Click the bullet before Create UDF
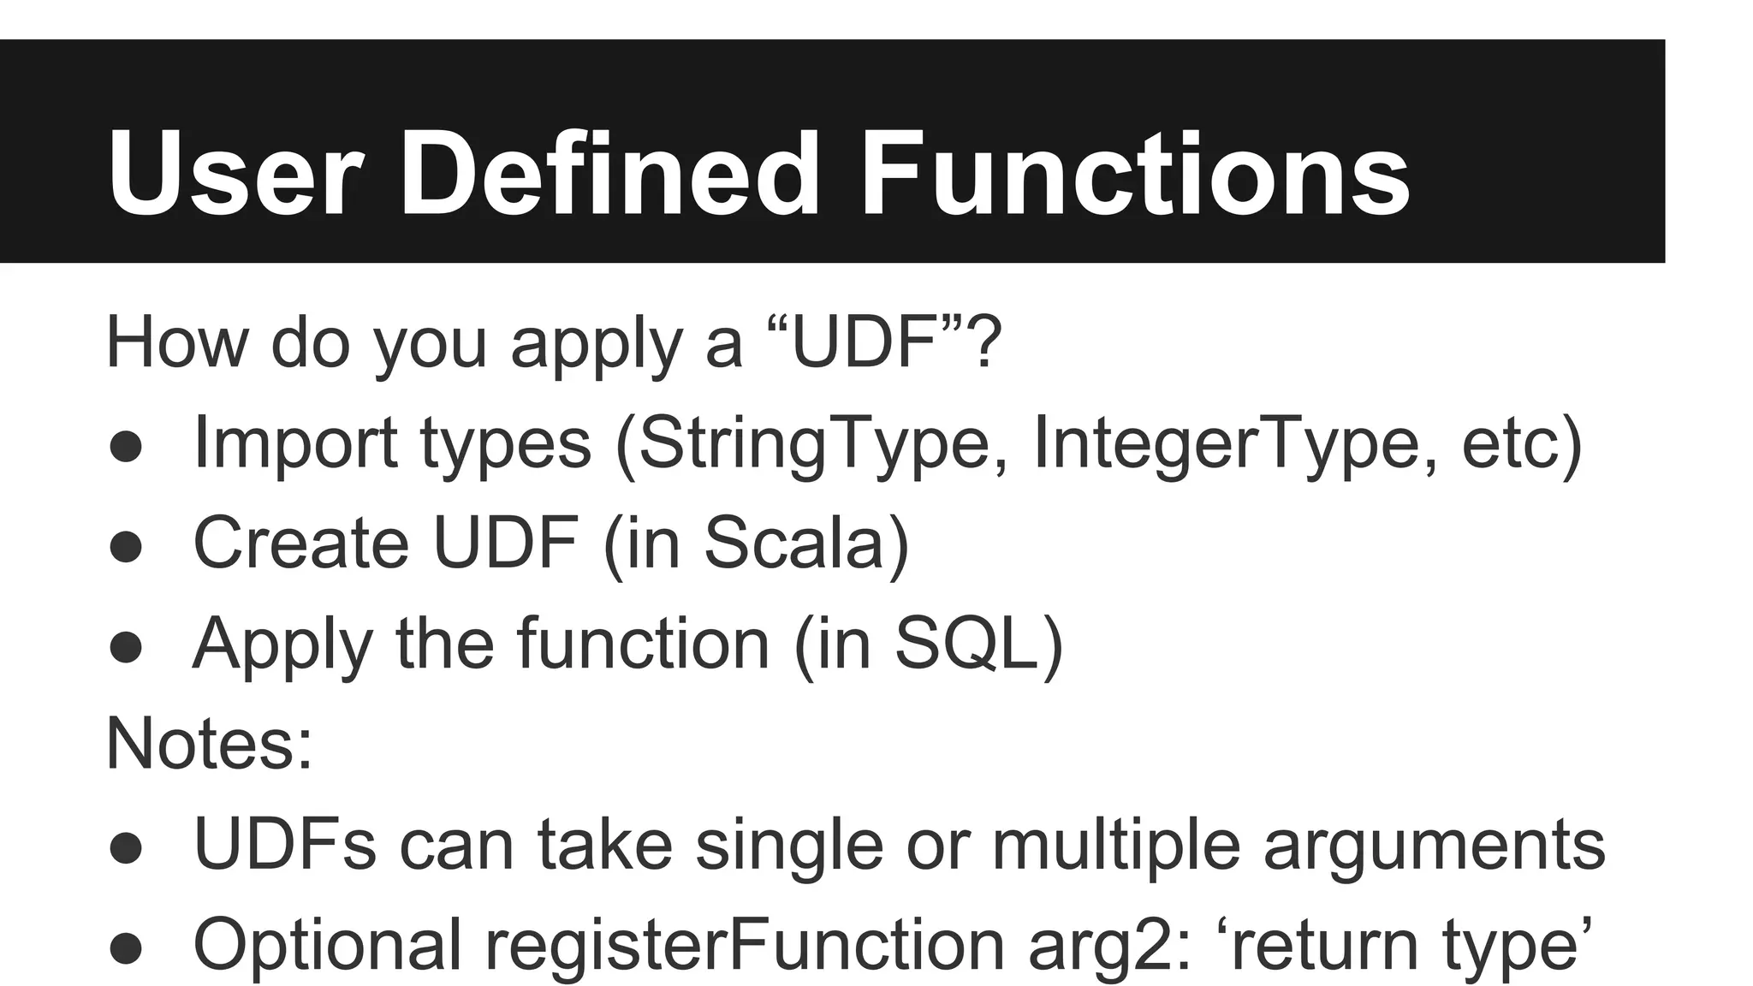(127, 547)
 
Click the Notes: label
(209, 743)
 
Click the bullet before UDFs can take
(127, 848)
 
